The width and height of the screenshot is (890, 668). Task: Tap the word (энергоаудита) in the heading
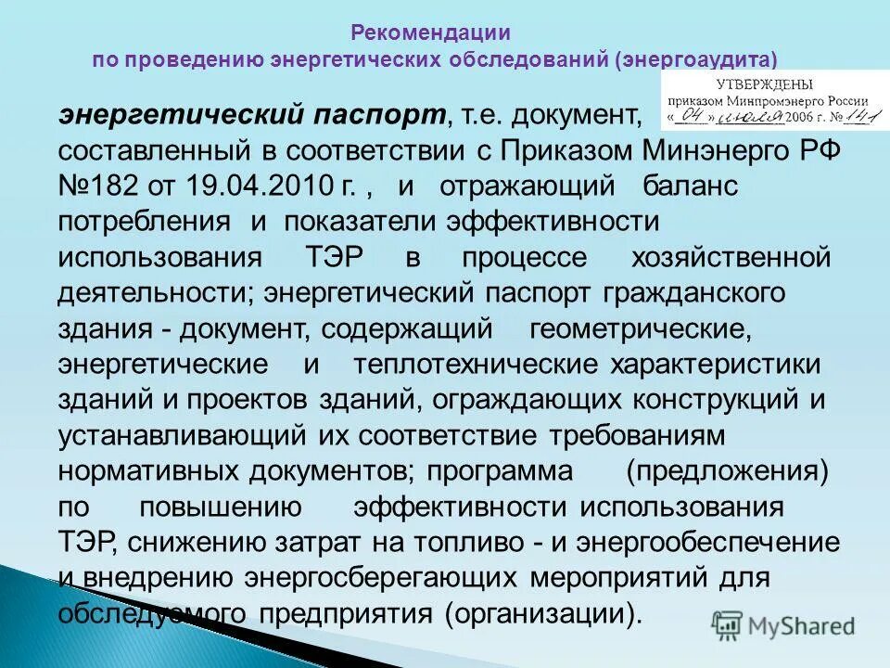pos(694,59)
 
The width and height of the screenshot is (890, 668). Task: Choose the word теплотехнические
pos(477,365)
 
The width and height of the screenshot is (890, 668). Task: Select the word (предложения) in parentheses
pos(726,470)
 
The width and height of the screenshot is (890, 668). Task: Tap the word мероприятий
pos(617,577)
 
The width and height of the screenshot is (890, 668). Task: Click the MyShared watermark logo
pos(782,625)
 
